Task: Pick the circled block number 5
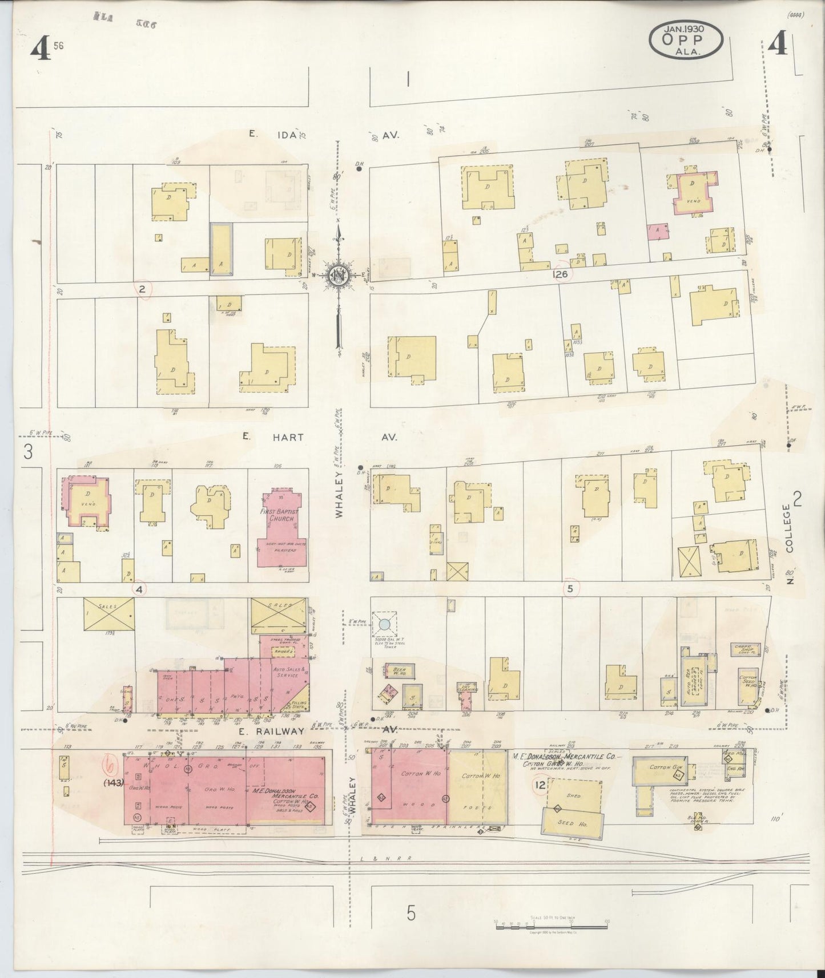[570, 588]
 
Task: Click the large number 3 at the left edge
[27, 452]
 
